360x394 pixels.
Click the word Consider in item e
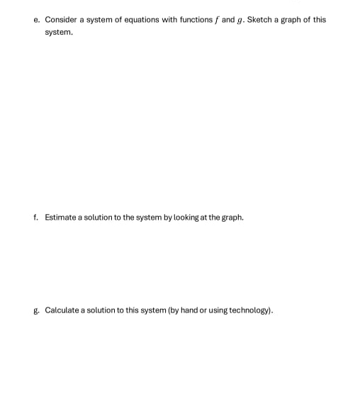coord(60,20)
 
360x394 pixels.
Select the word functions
coord(192,20)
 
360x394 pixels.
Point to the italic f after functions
coord(214,20)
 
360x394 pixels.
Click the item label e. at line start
coord(36,20)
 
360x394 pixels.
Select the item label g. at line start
coord(36,310)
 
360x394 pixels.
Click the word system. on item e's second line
coord(58,33)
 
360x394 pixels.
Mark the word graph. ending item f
coord(232,218)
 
